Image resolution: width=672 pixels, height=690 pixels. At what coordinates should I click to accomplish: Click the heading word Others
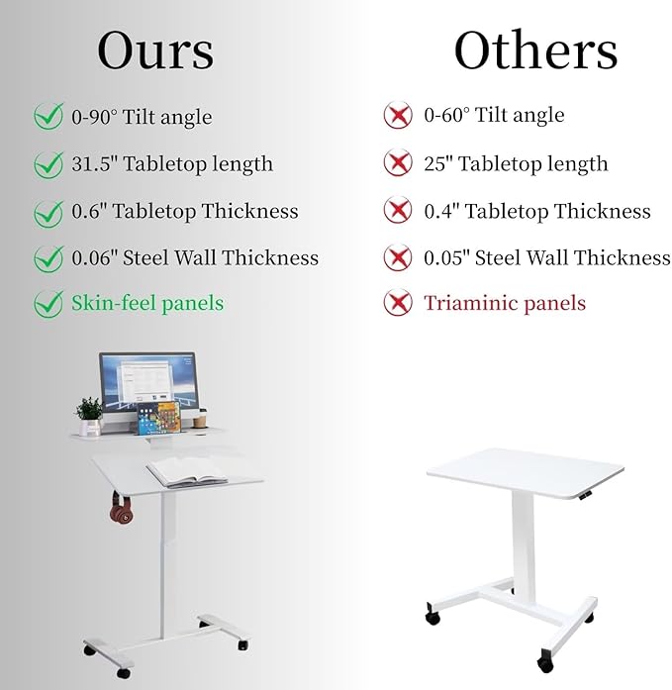point(535,50)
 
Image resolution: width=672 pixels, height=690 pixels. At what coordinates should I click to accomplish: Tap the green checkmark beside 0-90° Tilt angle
point(48,117)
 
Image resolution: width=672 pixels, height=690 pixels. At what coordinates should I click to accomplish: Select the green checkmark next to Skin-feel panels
point(48,303)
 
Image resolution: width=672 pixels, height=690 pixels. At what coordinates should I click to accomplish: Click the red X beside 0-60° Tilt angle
point(398,116)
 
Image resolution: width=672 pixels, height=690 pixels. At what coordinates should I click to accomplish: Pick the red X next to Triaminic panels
point(398,304)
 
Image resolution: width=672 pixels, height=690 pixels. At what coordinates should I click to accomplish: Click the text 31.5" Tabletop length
point(171,164)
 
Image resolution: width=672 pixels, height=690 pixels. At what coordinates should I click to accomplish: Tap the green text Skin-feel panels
point(147,303)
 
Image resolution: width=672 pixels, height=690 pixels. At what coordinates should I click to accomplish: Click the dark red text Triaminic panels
point(505,304)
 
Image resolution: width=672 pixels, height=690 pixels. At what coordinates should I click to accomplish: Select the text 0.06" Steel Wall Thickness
point(195,258)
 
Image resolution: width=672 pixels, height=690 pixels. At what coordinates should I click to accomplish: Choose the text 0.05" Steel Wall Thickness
point(547,258)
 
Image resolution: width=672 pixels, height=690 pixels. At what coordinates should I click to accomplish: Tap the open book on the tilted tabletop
point(188,472)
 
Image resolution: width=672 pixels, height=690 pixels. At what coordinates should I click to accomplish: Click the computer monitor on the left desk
point(147,383)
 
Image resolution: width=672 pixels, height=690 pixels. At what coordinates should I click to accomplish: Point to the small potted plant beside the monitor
point(89,414)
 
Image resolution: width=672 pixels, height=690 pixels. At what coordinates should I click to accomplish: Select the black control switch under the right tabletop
point(586,492)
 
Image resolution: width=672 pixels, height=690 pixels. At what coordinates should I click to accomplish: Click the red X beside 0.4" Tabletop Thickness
point(398,211)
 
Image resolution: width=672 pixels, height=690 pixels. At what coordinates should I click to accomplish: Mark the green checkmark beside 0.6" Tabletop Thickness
point(48,212)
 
